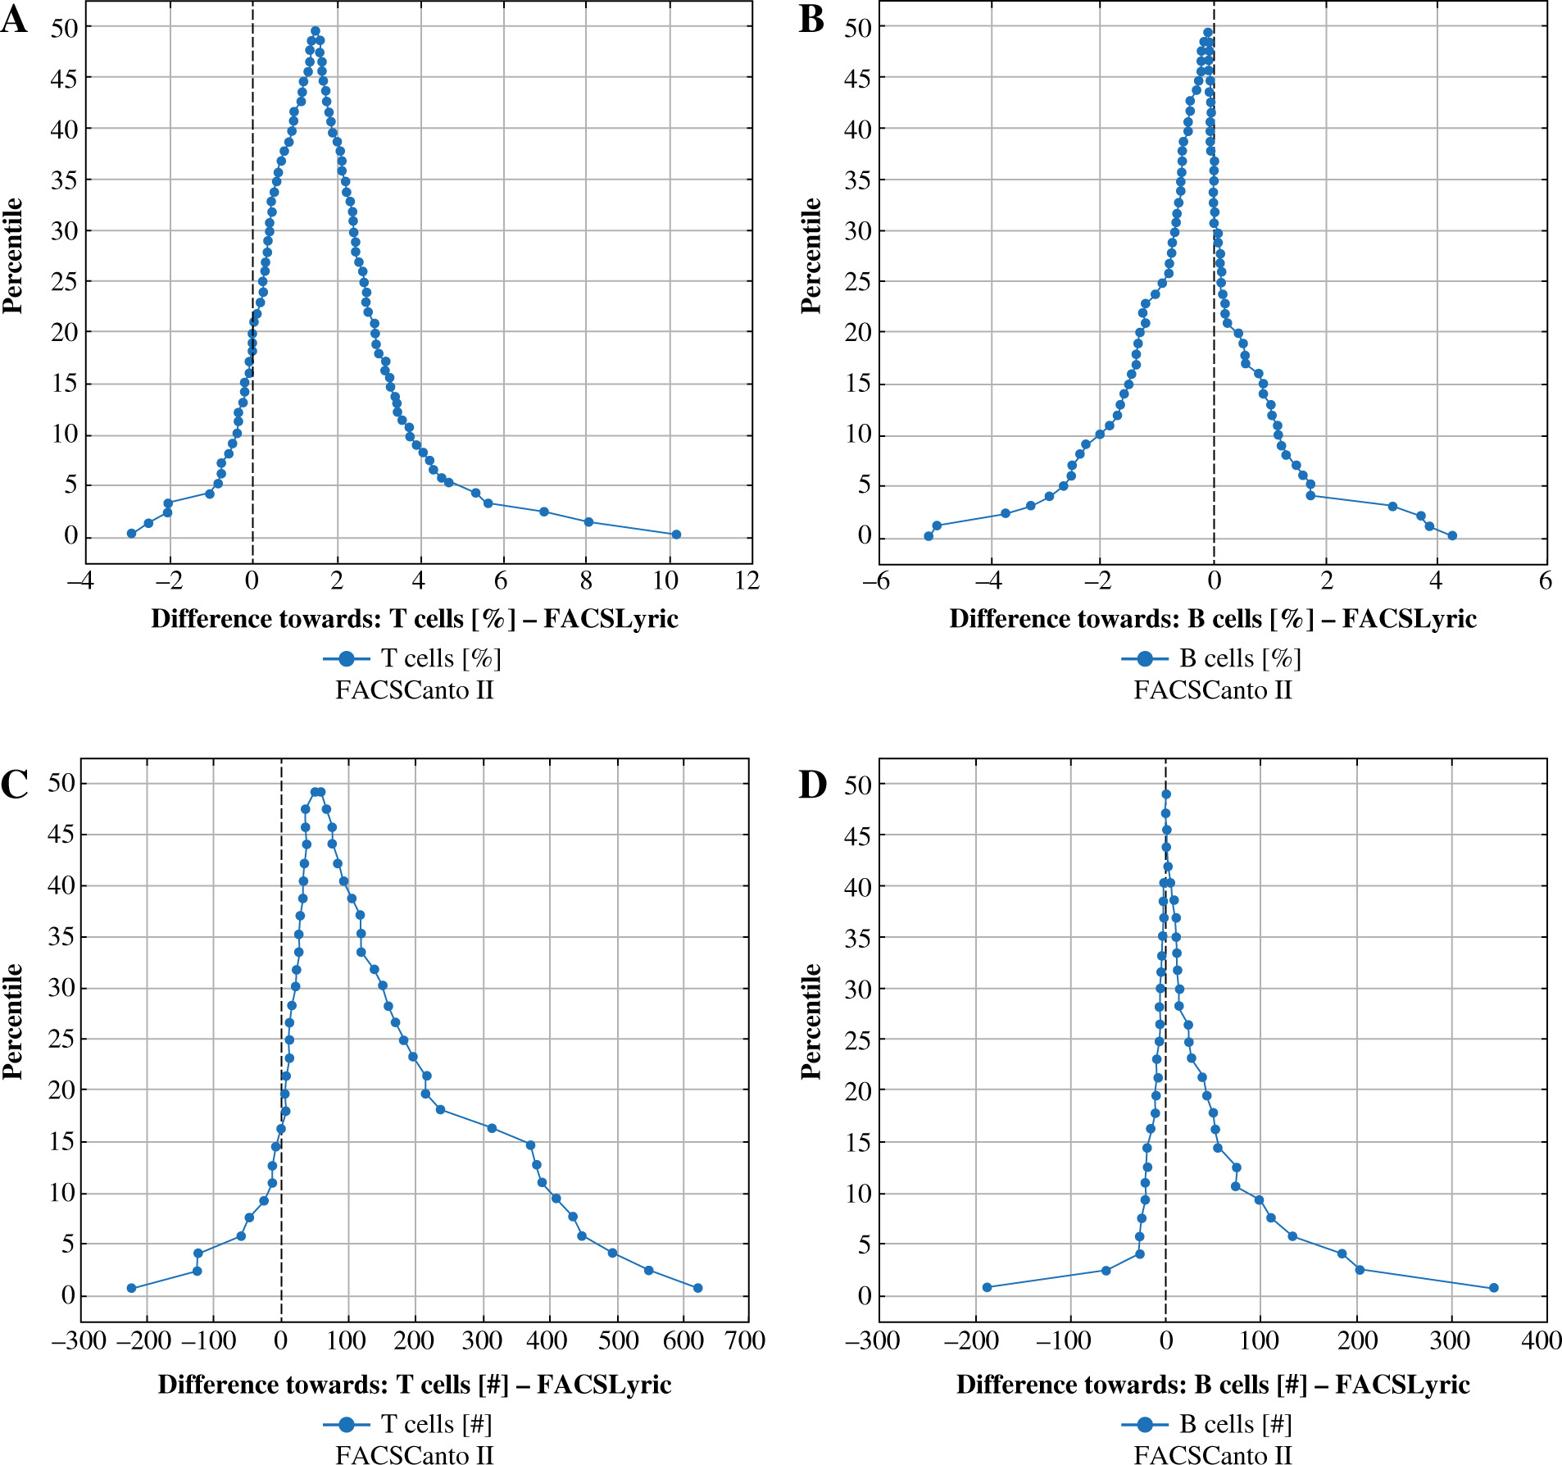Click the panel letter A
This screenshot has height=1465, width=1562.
click(x=14, y=19)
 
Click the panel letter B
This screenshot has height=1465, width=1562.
click(x=811, y=19)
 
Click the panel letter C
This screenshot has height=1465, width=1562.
click(x=14, y=785)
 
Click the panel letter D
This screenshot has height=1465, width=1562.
click(x=812, y=785)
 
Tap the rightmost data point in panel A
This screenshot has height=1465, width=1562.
click(x=676, y=535)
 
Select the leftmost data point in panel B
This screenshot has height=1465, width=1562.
click(x=929, y=536)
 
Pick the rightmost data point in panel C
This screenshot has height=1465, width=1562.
click(x=697, y=1288)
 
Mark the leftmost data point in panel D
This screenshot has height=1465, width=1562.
click(x=987, y=1287)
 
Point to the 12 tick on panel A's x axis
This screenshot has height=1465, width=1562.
click(x=747, y=581)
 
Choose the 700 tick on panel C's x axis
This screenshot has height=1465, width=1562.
click(x=745, y=1340)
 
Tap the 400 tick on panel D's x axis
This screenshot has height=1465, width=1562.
click(x=1541, y=1340)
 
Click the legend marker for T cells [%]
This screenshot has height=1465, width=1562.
click(x=347, y=658)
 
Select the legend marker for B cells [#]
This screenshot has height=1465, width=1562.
click(x=1145, y=1424)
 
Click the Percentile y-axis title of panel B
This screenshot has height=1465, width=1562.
click(x=811, y=256)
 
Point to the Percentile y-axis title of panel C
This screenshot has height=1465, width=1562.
click(x=12, y=1021)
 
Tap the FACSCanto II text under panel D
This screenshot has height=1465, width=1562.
click(x=1213, y=1454)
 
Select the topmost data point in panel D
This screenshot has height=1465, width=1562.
click(x=1166, y=794)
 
